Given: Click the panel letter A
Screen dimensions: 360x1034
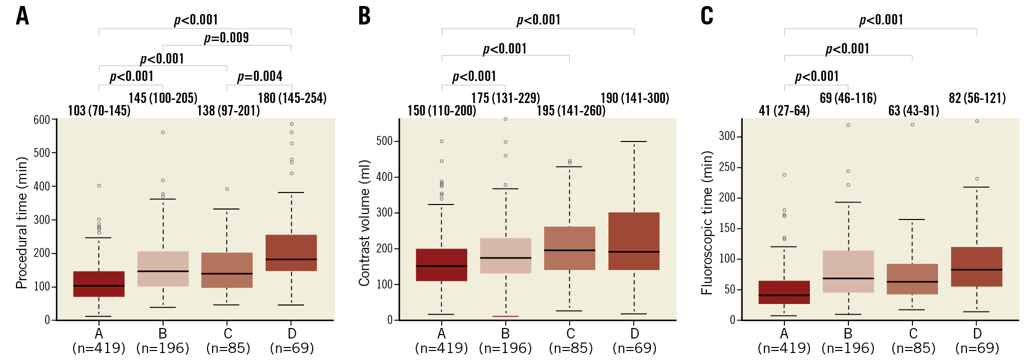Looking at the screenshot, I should click(x=23, y=15).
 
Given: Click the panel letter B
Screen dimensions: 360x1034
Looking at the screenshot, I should click(x=365, y=15).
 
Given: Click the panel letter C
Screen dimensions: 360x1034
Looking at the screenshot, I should click(x=707, y=15).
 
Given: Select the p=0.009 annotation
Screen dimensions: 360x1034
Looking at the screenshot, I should click(x=226, y=38).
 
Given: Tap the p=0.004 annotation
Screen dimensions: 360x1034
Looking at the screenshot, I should click(x=260, y=76).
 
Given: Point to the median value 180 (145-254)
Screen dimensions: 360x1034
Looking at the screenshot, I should click(x=292, y=98).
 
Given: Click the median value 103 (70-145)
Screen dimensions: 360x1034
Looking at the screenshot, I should click(x=99, y=110).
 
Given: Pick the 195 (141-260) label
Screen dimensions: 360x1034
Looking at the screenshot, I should click(x=571, y=110).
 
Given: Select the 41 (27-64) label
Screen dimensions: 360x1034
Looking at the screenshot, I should click(x=784, y=110).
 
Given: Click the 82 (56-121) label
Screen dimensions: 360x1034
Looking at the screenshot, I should click(x=977, y=98).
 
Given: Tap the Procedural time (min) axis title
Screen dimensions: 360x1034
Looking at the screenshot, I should click(x=21, y=223).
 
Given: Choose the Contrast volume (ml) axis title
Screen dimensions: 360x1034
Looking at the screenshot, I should click(x=364, y=223).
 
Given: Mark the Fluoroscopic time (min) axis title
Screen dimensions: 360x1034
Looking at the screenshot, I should click(x=706, y=223).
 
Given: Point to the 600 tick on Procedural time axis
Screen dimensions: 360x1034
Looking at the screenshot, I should click(x=42, y=119).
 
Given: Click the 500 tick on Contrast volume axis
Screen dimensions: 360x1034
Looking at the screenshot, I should click(x=384, y=141).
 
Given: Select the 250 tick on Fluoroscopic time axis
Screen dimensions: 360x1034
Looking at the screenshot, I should click(x=727, y=167).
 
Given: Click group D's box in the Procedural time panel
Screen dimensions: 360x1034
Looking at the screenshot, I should click(x=291, y=252).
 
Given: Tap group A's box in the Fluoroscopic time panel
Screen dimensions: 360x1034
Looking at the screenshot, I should click(x=784, y=292).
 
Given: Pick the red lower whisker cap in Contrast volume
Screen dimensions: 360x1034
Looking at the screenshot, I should click(x=505, y=316).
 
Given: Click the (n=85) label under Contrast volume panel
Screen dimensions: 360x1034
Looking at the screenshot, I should click(x=571, y=348).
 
